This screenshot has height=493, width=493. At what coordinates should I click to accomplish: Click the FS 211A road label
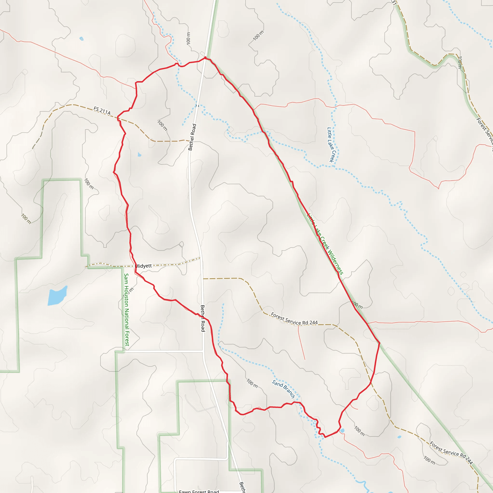click(x=102, y=110)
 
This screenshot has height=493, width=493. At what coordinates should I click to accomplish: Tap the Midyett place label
click(x=143, y=266)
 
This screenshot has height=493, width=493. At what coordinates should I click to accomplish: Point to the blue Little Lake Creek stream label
click(x=331, y=145)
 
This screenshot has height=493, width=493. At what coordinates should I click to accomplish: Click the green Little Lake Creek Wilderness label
click(x=325, y=244)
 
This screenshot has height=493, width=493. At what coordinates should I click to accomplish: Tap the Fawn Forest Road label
click(x=199, y=491)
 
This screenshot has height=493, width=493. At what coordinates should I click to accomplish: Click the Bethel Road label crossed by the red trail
click(x=203, y=318)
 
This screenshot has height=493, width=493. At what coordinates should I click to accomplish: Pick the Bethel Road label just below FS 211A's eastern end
click(x=192, y=137)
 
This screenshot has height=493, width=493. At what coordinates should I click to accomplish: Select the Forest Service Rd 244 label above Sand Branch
click(x=294, y=319)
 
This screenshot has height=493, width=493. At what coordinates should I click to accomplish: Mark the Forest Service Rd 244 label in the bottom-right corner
click(x=451, y=452)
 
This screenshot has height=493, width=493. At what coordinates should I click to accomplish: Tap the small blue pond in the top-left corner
click(x=81, y=39)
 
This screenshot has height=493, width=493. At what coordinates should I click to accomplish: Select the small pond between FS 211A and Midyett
click(x=139, y=154)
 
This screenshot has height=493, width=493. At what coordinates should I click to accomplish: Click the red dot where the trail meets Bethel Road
click(x=205, y=58)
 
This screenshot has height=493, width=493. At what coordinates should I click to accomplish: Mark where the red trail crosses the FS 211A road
click(x=118, y=118)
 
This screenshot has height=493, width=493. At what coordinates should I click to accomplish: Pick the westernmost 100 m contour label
click(x=26, y=219)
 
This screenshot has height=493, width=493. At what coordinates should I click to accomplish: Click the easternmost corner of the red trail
click(x=380, y=343)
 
